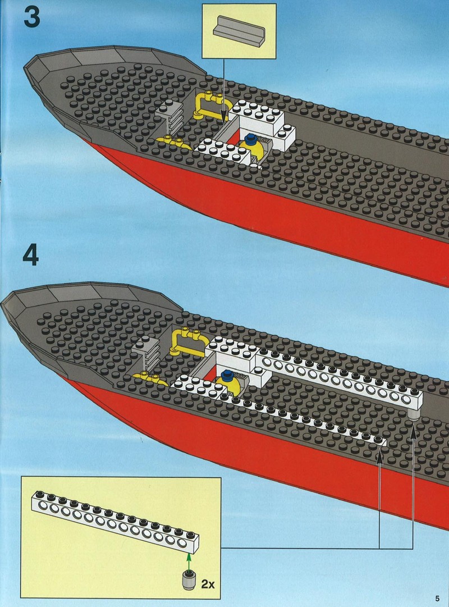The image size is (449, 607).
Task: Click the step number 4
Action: pos(30,255)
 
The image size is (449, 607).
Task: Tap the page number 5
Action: pos(437,598)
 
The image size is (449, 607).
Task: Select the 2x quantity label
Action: pos(208,584)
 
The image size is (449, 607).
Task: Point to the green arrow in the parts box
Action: pos(189,562)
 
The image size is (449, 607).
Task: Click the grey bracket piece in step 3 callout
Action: pos(240,32)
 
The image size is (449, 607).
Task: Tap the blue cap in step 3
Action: pos(251,138)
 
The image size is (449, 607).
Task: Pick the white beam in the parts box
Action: pos(115,519)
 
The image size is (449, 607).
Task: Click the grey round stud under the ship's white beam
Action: pos(414,416)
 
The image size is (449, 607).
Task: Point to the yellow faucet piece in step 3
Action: pos(173,143)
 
